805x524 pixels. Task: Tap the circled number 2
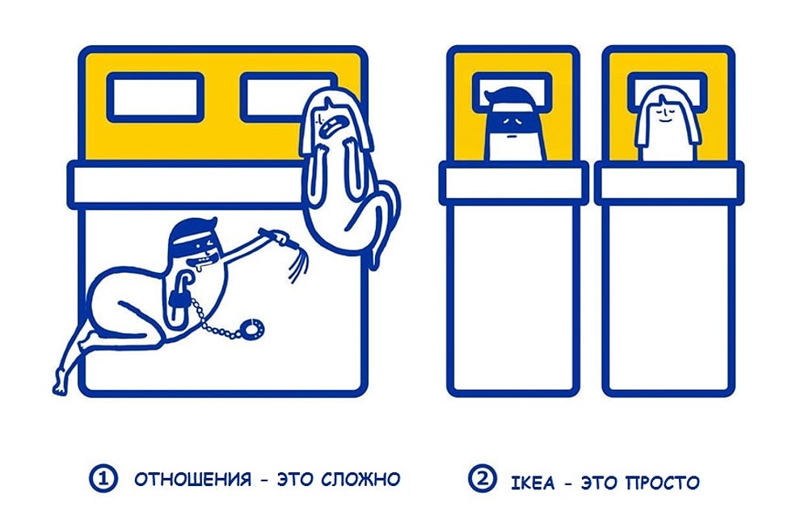483,480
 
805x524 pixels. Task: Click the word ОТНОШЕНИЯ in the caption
192,479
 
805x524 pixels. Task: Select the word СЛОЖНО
360,479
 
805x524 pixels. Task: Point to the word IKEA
533,483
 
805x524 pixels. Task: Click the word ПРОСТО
662,483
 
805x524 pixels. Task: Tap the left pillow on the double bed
155,97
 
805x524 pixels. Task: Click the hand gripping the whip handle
279,238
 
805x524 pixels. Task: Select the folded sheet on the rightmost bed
668,182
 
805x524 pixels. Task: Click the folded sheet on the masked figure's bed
512,182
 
